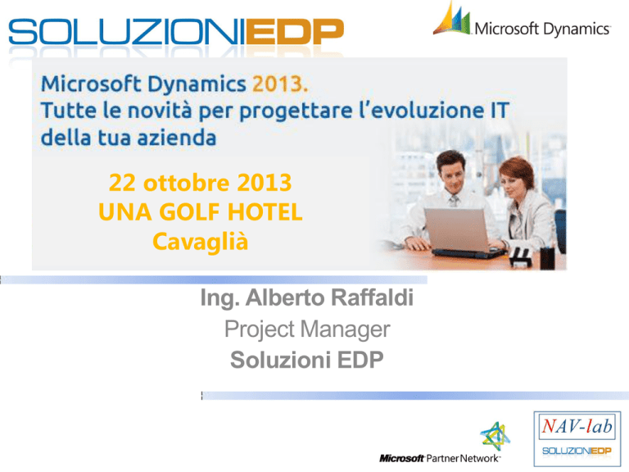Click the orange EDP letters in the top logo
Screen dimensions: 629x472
(295, 32)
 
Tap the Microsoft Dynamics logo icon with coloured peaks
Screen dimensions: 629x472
(452, 19)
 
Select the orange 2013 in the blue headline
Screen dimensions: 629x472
(280, 84)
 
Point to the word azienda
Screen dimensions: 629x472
(177, 138)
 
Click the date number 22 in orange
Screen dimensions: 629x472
(123, 183)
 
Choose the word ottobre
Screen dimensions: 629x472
(187, 183)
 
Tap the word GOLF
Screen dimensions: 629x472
(189, 212)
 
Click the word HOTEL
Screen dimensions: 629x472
(265, 212)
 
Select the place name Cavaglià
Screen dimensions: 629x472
(200, 243)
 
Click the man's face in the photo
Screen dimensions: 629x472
(452, 174)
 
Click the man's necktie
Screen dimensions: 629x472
(454, 200)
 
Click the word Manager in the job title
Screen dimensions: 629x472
(345, 329)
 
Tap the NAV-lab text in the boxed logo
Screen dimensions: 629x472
(577, 426)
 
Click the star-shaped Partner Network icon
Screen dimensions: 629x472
(496, 436)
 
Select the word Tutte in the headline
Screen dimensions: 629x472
(69, 111)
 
